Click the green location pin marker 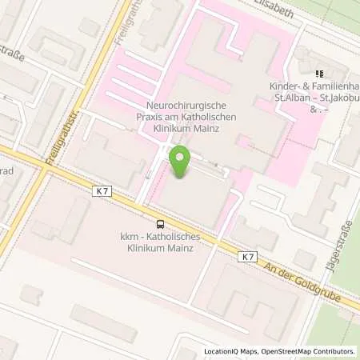178,163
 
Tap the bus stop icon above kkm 161,225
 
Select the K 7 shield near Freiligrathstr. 101,191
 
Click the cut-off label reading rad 6,171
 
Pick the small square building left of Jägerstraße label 304,259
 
